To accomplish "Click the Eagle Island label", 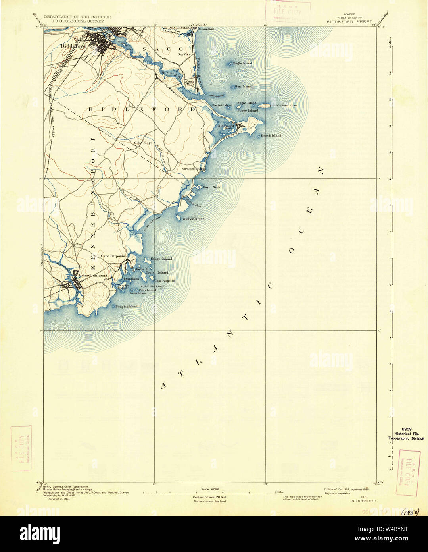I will [242, 63].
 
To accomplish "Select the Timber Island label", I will [193, 219].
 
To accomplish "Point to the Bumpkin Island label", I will [126, 307].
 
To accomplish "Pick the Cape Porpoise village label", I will [113, 256].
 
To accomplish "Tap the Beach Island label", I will [271, 135].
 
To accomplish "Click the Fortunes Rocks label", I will [193, 169].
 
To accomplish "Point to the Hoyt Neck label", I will [211, 187].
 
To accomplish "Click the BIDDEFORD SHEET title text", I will [349, 22].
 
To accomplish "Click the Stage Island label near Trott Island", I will [161, 259].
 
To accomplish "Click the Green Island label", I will [137, 293].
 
